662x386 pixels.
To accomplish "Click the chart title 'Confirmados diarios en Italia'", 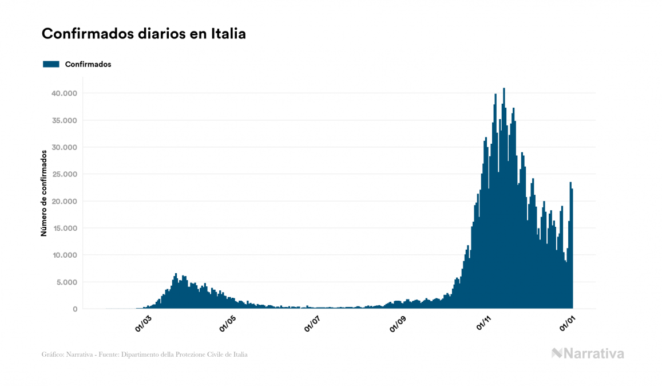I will pyautogui.click(x=144, y=34).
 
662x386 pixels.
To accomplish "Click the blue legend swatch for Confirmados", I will pyautogui.click(x=51, y=64).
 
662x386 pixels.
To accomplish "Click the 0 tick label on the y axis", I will pyautogui.click(x=74, y=309).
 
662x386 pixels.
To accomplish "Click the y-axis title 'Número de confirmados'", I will pyautogui.click(x=43, y=193).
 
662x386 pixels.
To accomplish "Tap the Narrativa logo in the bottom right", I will pyautogui.click(x=588, y=353).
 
